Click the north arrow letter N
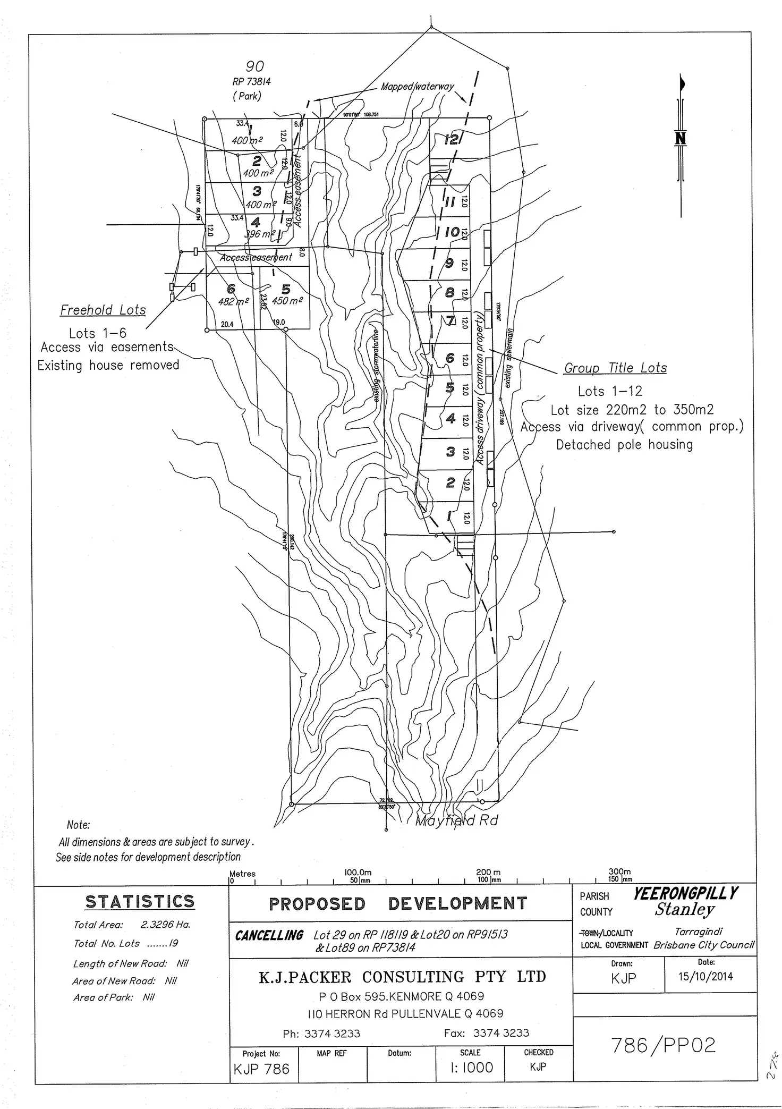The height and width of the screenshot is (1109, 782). pyautogui.click(x=680, y=139)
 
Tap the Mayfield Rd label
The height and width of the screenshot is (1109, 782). pyautogui.click(x=456, y=821)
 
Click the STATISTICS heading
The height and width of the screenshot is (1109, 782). pyautogui.click(x=140, y=902)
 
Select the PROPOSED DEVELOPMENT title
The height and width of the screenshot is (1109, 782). pyautogui.click(x=398, y=904)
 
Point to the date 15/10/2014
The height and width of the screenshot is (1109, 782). pyautogui.click(x=705, y=976)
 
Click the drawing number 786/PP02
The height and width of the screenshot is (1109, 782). pyautogui.click(x=664, y=1046)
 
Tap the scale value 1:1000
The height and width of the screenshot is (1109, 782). pyautogui.click(x=471, y=1067)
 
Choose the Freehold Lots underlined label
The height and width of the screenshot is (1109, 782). pyautogui.click(x=103, y=310)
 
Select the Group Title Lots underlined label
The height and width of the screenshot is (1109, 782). pyautogui.click(x=615, y=368)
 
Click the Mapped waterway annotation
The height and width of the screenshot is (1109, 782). pyautogui.click(x=418, y=87)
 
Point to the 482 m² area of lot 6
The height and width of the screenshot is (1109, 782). pyautogui.click(x=234, y=302)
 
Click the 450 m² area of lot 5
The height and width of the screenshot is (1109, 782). pyautogui.click(x=287, y=301)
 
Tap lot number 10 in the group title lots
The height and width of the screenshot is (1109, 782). pyautogui.click(x=452, y=232)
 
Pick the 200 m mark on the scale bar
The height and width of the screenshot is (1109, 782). pyautogui.click(x=488, y=872)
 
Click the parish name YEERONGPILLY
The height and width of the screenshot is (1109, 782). pyautogui.click(x=685, y=894)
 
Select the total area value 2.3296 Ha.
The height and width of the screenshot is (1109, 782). pyautogui.click(x=165, y=925)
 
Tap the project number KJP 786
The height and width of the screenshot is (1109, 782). pyautogui.click(x=261, y=1069)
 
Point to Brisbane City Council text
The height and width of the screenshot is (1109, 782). pyautogui.click(x=703, y=945)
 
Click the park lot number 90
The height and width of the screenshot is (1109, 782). pyautogui.click(x=254, y=66)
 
